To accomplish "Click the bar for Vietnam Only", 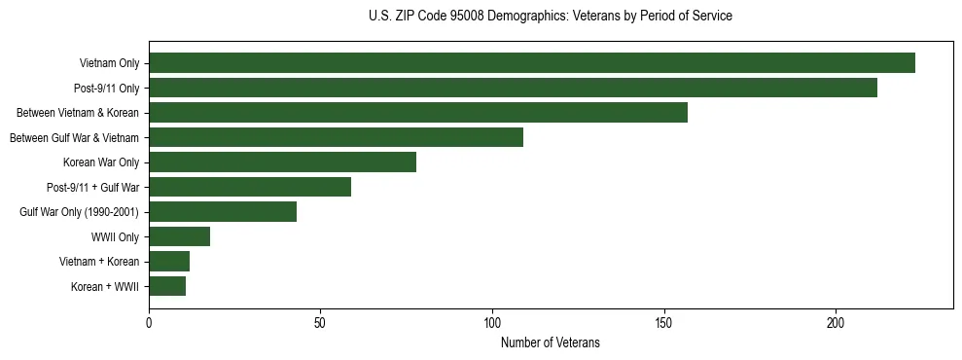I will point(532,63).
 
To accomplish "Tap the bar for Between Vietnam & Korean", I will point(418,113).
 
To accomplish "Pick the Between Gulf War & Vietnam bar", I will point(336,137).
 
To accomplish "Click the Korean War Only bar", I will point(282,162).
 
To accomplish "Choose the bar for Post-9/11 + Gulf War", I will point(250,187).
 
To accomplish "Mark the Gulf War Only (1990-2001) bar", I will point(223,211).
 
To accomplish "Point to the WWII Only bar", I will point(179,236).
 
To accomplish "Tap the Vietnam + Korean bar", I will point(169,261).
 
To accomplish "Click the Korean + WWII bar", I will point(167,286).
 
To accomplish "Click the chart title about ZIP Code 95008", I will point(551,17).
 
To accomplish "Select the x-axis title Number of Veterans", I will point(551,343).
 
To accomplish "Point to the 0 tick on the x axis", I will point(149,322).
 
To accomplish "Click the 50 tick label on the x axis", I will point(321,322).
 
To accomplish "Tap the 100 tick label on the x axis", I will point(492,322).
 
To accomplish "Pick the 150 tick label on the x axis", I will point(664,322).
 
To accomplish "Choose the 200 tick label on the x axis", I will point(836,322).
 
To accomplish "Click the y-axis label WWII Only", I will point(115,236).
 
